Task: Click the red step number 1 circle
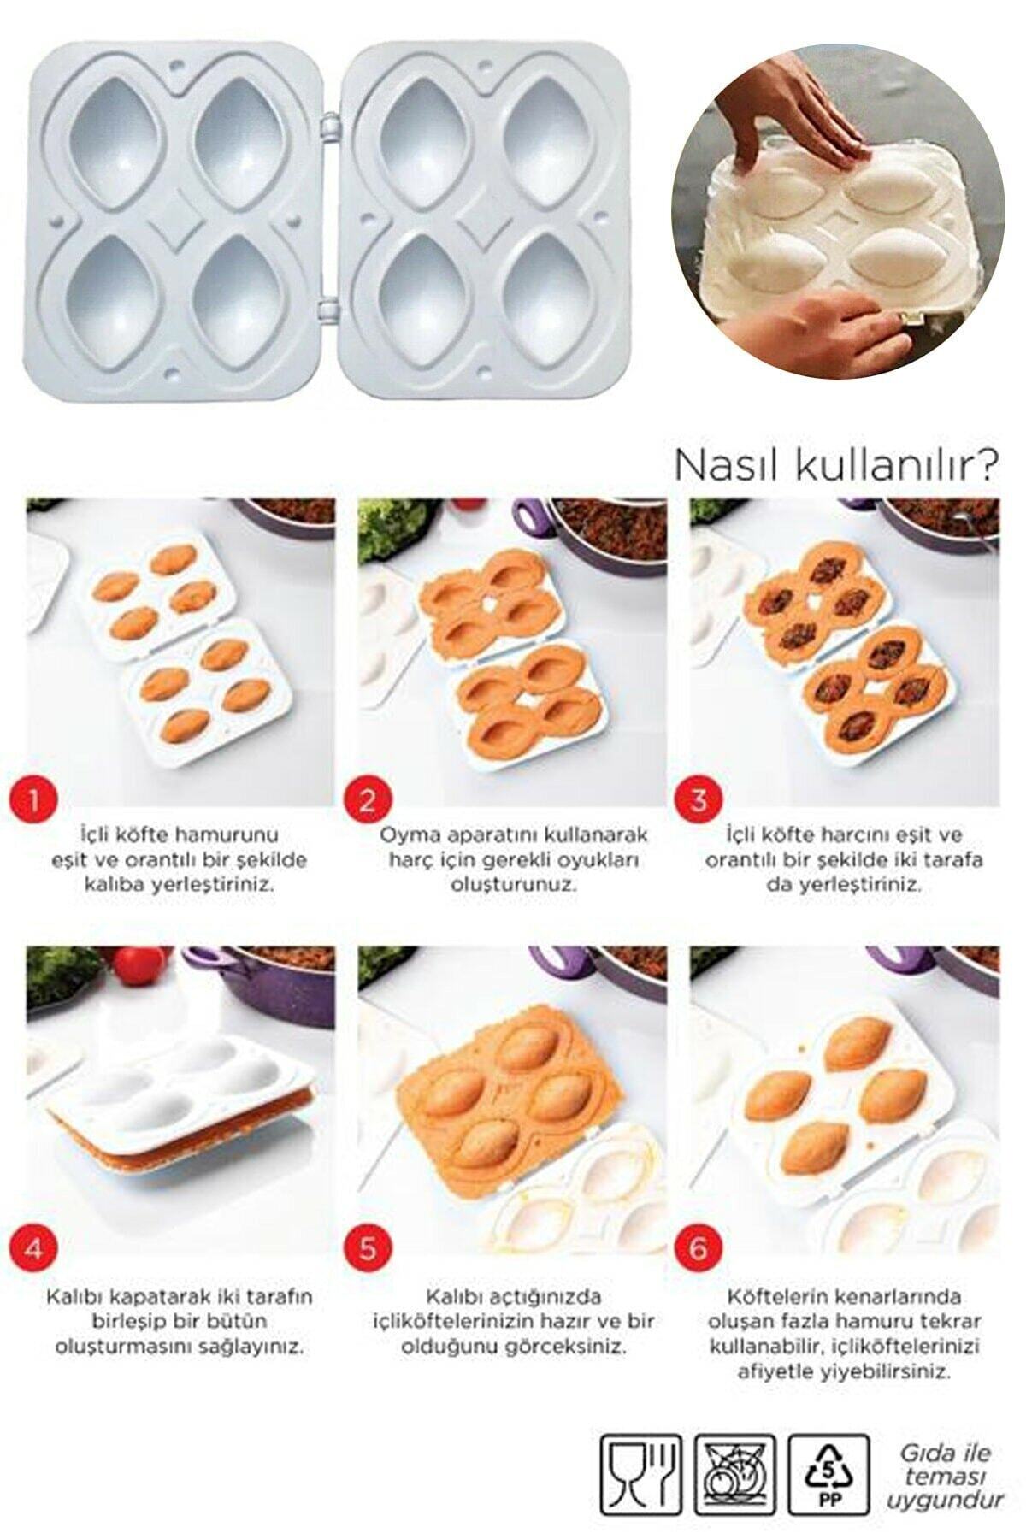(x=34, y=801)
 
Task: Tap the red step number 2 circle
(x=367, y=801)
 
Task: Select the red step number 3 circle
(x=699, y=801)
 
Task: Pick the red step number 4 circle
(x=34, y=1248)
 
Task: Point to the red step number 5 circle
(x=367, y=1248)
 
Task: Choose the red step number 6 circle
(x=699, y=1248)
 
